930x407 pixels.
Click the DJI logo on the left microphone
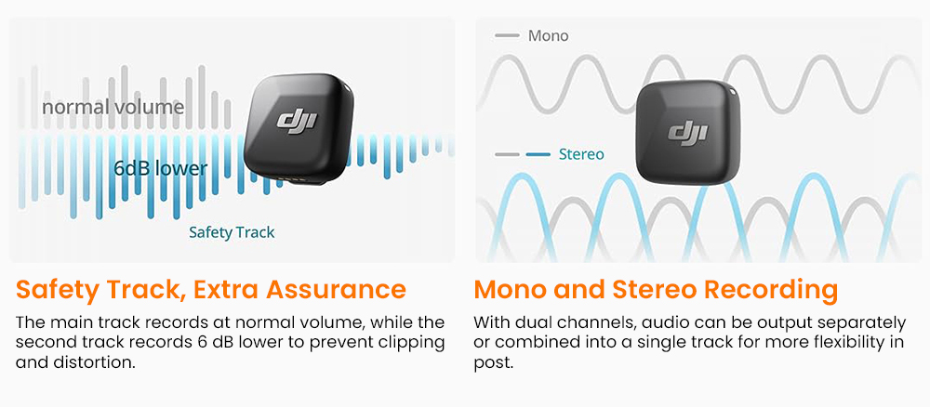[296, 122]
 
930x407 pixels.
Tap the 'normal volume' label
[113, 107]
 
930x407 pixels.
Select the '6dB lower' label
[160, 168]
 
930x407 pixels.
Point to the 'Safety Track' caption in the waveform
[232, 232]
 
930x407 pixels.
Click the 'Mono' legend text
[548, 36]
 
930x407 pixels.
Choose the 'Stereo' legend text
[580, 154]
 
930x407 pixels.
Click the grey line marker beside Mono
[507, 36]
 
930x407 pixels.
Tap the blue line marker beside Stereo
[538, 154]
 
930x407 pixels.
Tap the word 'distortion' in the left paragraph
[86, 361]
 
